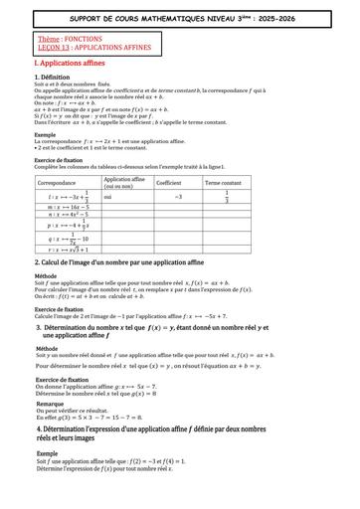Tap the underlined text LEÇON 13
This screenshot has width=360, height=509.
tap(52, 47)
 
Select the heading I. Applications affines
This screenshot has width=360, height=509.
tap(72, 63)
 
